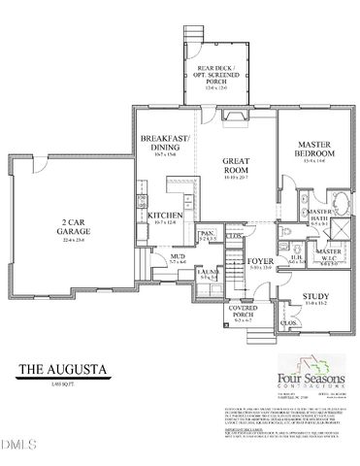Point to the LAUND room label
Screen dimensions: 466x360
pyautogui.click(x=208, y=274)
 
